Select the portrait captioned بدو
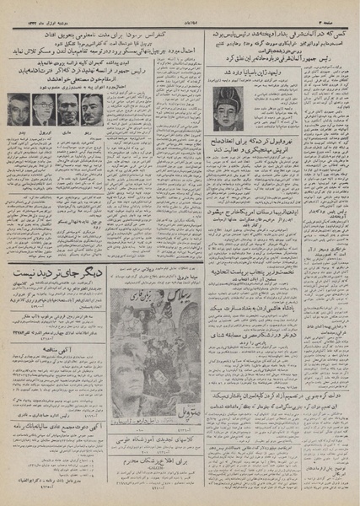tap(19, 110)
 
